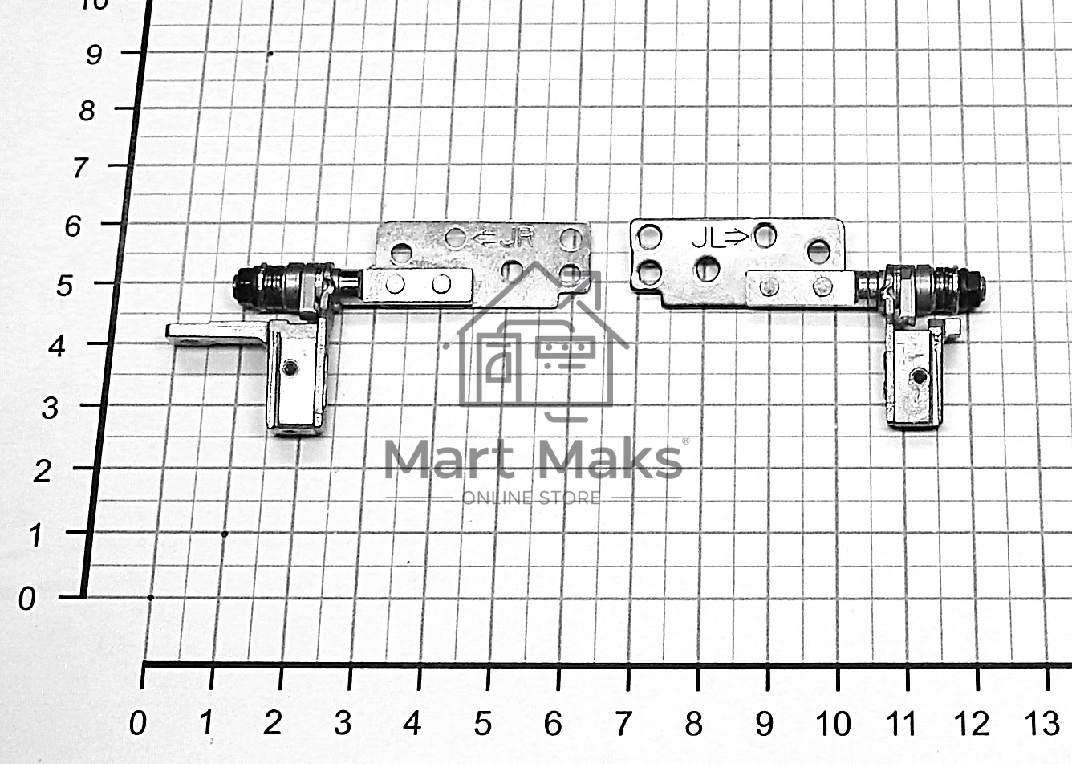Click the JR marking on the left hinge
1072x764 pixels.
tap(517, 238)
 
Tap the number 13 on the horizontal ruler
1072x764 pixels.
tap(1042, 723)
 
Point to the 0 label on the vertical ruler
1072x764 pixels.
tap(27, 599)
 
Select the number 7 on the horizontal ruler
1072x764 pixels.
tap(623, 723)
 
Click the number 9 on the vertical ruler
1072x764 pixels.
tap(94, 54)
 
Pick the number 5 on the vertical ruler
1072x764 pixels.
tap(65, 286)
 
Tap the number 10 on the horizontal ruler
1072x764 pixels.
tap(833, 723)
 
